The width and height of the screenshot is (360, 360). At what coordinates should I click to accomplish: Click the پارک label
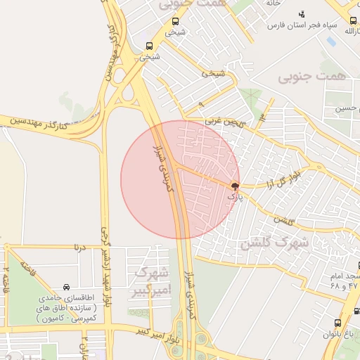234,198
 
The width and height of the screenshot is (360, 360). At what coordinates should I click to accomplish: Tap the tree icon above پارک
235,187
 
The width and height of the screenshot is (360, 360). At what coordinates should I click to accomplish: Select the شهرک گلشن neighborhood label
274,244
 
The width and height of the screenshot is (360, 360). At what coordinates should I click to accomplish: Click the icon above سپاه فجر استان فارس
302,14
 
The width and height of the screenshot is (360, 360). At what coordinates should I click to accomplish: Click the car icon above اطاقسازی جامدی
66,287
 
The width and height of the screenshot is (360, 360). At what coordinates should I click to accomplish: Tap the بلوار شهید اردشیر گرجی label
108,270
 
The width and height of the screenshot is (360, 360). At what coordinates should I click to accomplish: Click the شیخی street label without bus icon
213,72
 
